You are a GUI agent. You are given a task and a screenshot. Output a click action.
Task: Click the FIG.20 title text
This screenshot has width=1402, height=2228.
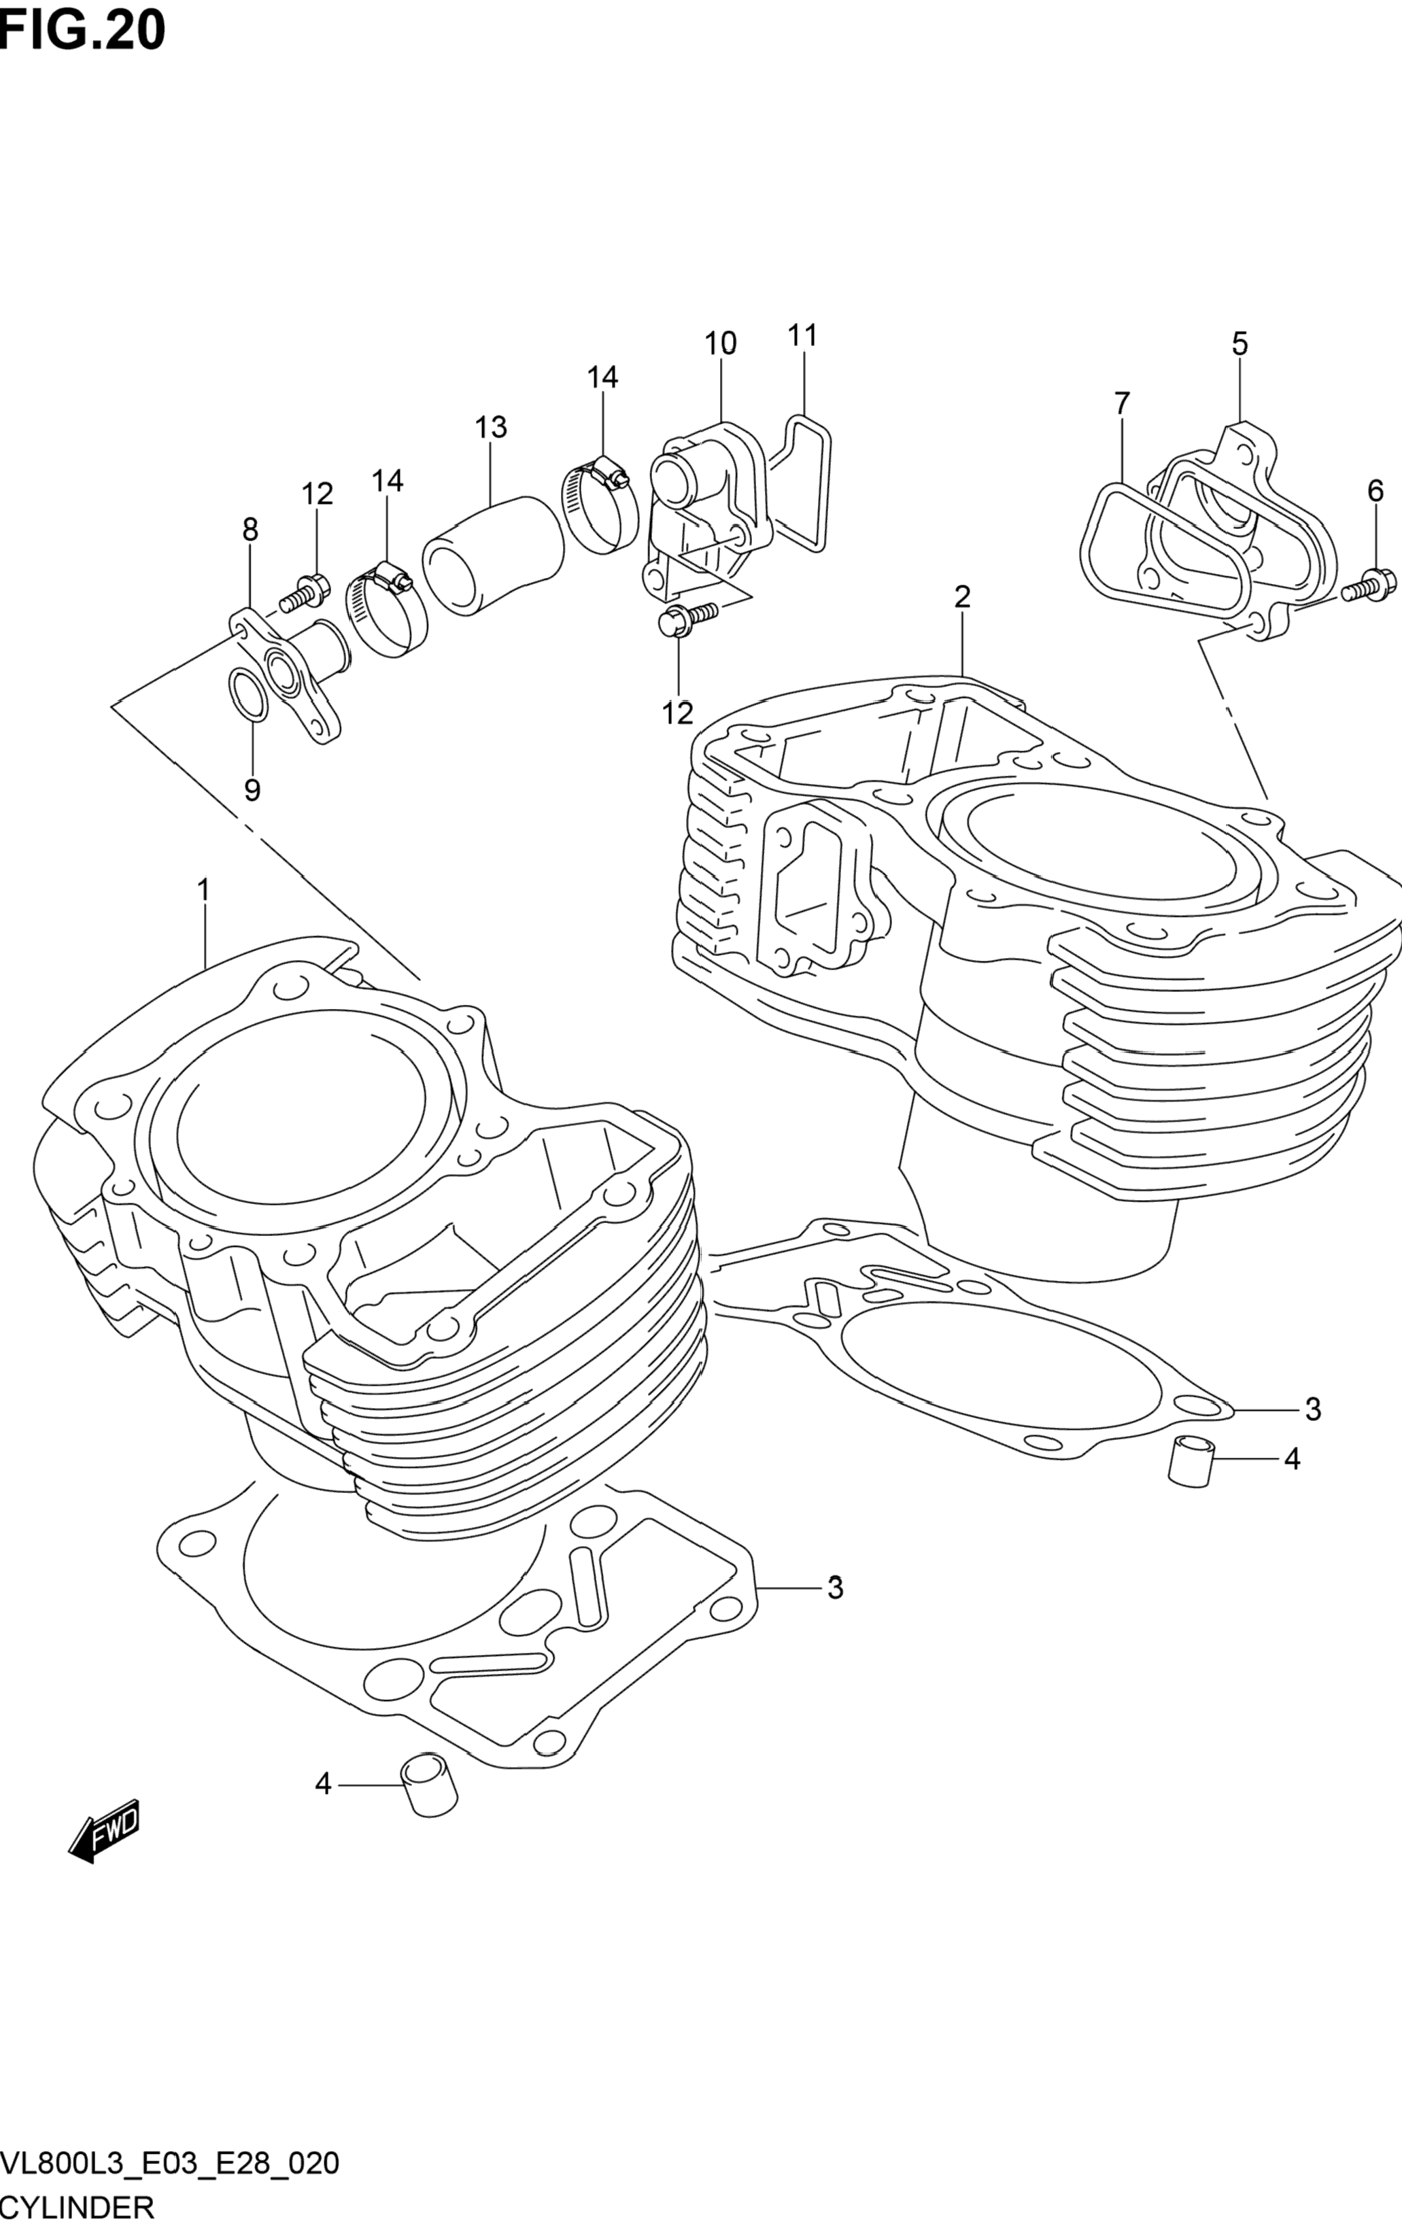[x=83, y=30]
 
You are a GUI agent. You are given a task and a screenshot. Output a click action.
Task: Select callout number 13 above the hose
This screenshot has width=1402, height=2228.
[x=492, y=428]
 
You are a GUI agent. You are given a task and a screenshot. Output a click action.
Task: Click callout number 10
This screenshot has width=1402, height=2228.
[x=720, y=343]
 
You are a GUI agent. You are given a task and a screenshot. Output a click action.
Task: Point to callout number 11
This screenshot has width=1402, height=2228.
[x=802, y=335]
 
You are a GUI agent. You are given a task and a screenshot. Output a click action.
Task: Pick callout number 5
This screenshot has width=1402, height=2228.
[x=1239, y=344]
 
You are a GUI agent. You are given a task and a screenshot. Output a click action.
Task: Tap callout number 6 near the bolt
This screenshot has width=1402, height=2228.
[x=1375, y=492]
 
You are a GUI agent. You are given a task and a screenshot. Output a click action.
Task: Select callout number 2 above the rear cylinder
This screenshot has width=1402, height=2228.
[x=962, y=597]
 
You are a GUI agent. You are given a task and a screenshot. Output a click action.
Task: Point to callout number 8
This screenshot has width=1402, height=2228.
[x=250, y=530]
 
